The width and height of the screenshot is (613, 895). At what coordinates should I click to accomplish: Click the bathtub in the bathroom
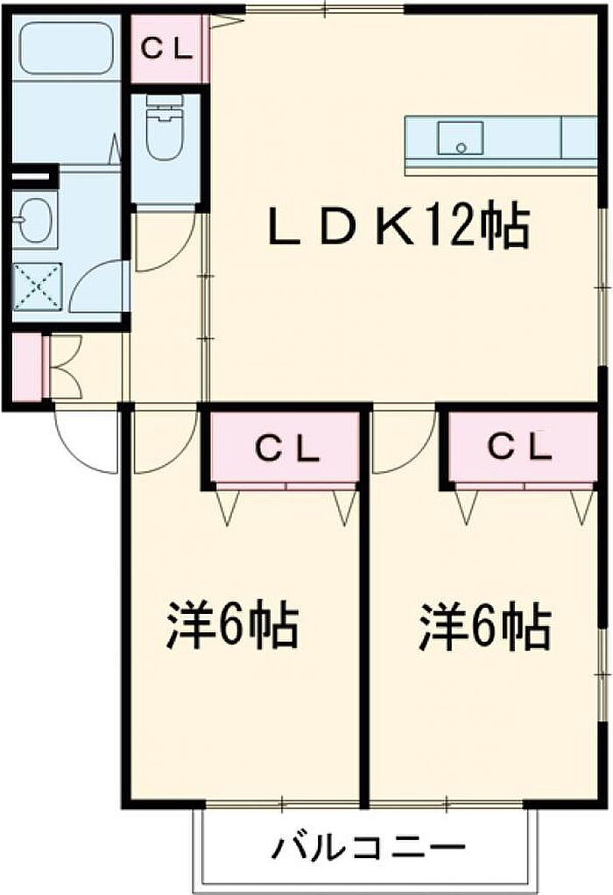point(67,48)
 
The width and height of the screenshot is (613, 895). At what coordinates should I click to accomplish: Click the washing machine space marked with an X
point(38,285)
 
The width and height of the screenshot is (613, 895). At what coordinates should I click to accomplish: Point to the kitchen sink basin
point(460,138)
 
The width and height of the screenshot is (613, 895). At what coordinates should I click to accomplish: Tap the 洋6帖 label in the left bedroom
point(233,625)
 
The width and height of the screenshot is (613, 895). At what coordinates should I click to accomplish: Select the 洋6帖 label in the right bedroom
point(484,625)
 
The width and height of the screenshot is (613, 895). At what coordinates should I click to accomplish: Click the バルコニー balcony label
point(367,848)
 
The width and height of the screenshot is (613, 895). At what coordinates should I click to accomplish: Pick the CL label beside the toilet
point(167,49)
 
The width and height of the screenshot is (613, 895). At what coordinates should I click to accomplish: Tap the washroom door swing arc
point(98,285)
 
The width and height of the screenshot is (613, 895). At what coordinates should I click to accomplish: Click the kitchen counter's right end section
point(578,137)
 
